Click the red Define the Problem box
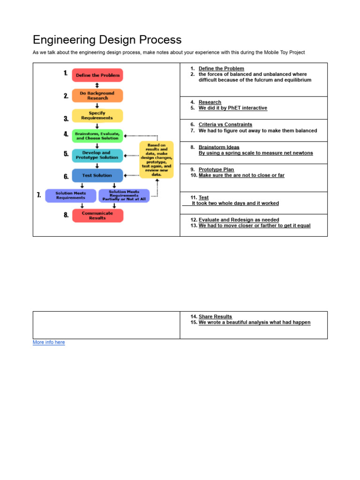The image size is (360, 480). coord(97,75)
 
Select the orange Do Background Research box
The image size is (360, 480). coord(97,96)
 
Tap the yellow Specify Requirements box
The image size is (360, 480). coord(97,115)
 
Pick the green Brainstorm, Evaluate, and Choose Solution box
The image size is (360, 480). coord(97,136)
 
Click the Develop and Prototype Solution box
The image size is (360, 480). coord(97,155)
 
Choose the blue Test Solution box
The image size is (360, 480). coord(97,175)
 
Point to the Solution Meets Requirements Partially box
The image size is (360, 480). coord(124,195)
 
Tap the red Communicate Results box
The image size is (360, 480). coord(97,216)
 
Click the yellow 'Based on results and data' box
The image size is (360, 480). coord(157,159)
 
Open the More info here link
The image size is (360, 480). coord(49,343)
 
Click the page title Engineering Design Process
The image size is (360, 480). coord(107,40)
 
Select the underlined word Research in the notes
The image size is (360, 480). coord(210,102)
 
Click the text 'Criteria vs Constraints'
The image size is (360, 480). coord(225,125)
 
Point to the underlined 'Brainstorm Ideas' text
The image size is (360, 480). coord(219,147)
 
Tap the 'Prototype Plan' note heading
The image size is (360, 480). coord(216,170)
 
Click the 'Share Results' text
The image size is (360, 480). coord(215,317)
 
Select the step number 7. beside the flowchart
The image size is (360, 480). coord(39,195)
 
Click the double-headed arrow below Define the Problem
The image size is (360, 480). coord(97,85)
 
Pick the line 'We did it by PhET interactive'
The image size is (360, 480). coord(232,108)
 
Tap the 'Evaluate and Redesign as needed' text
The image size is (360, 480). coord(239,220)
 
